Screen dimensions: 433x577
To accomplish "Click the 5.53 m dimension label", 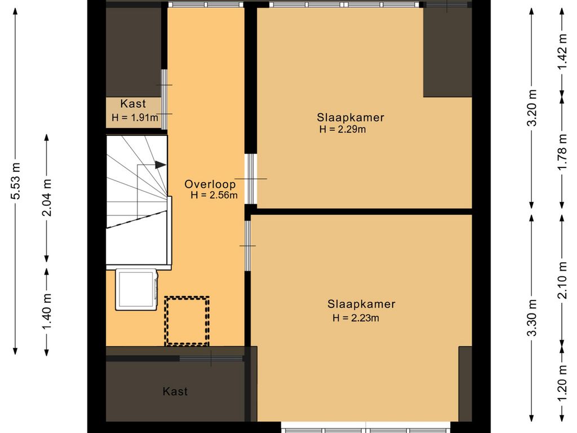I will click(16, 181).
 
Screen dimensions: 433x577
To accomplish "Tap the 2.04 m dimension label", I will click(47, 197).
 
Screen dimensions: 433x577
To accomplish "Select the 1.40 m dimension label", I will click(47, 312).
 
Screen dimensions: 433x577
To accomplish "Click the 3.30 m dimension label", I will click(533, 318).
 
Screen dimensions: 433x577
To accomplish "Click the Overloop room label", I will click(210, 184).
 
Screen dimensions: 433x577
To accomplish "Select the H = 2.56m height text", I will click(214, 196).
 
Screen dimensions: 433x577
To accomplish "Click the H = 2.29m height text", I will click(343, 129).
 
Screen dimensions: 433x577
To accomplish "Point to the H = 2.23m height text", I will click(356, 318).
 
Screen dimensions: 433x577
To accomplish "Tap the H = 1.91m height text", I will click(135, 118).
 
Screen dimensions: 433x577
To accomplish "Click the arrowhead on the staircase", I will click(161, 164).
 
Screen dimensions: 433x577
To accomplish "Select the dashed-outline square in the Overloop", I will click(187, 321).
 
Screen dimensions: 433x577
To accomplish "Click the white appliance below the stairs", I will click(137, 290).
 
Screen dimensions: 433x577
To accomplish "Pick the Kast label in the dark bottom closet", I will click(175, 391).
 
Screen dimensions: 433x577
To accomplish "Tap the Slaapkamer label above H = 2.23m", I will click(361, 304).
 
